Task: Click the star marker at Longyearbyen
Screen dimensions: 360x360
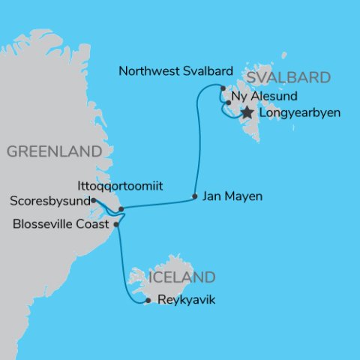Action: [247, 112]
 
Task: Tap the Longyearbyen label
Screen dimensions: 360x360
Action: [298, 113]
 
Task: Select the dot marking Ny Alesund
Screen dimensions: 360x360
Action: [228, 102]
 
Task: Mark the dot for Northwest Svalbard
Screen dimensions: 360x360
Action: [223, 88]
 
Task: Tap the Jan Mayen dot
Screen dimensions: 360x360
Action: [195, 196]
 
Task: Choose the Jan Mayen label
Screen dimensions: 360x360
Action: [233, 197]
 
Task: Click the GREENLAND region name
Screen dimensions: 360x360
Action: [53, 151]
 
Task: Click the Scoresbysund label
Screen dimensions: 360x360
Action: [50, 201]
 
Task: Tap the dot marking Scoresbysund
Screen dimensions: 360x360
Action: [92, 200]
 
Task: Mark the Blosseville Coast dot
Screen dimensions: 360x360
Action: [115, 223]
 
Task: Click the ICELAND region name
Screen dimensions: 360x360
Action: [184, 277]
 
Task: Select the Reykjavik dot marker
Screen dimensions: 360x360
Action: [148, 301]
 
